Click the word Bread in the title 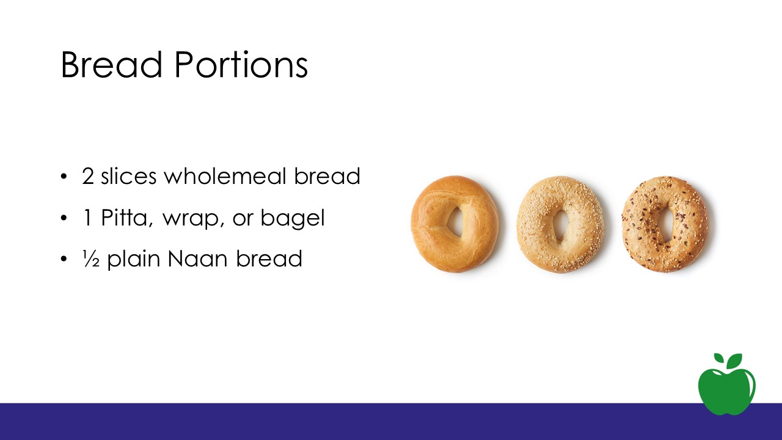(x=112, y=65)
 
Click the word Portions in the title (x=241, y=65)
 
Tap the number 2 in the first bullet (x=88, y=176)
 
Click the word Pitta (x=126, y=218)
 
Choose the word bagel (x=293, y=219)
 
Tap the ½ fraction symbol (x=91, y=258)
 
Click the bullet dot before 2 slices (x=64, y=177)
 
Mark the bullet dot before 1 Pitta (x=64, y=218)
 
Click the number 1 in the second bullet (x=87, y=218)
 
